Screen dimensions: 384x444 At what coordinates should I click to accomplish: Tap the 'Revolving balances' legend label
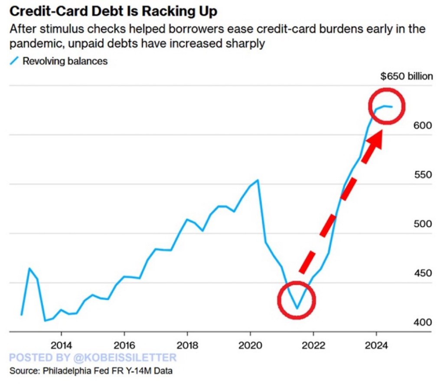(65, 61)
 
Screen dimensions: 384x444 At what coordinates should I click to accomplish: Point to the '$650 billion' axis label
(406, 77)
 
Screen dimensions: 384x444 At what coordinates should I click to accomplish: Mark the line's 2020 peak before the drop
(258, 180)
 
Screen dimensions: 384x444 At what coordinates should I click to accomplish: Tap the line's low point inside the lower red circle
(297, 308)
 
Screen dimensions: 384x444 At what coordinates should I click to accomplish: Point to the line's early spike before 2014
(29, 268)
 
